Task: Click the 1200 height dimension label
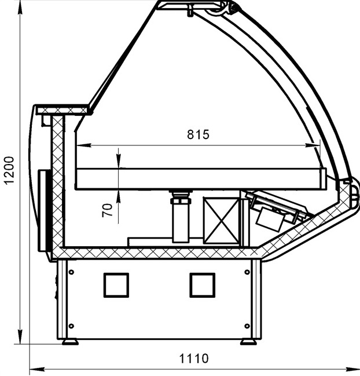pos(10,170)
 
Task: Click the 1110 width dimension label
pos(194,359)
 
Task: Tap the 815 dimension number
pos(198,134)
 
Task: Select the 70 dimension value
pos(107,210)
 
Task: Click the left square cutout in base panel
pos(116,285)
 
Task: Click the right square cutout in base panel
pos(203,285)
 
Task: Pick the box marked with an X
pos(221,221)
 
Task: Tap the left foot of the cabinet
pos(70,342)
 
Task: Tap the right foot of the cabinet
pos(248,342)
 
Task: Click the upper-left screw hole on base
pos(71,272)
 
